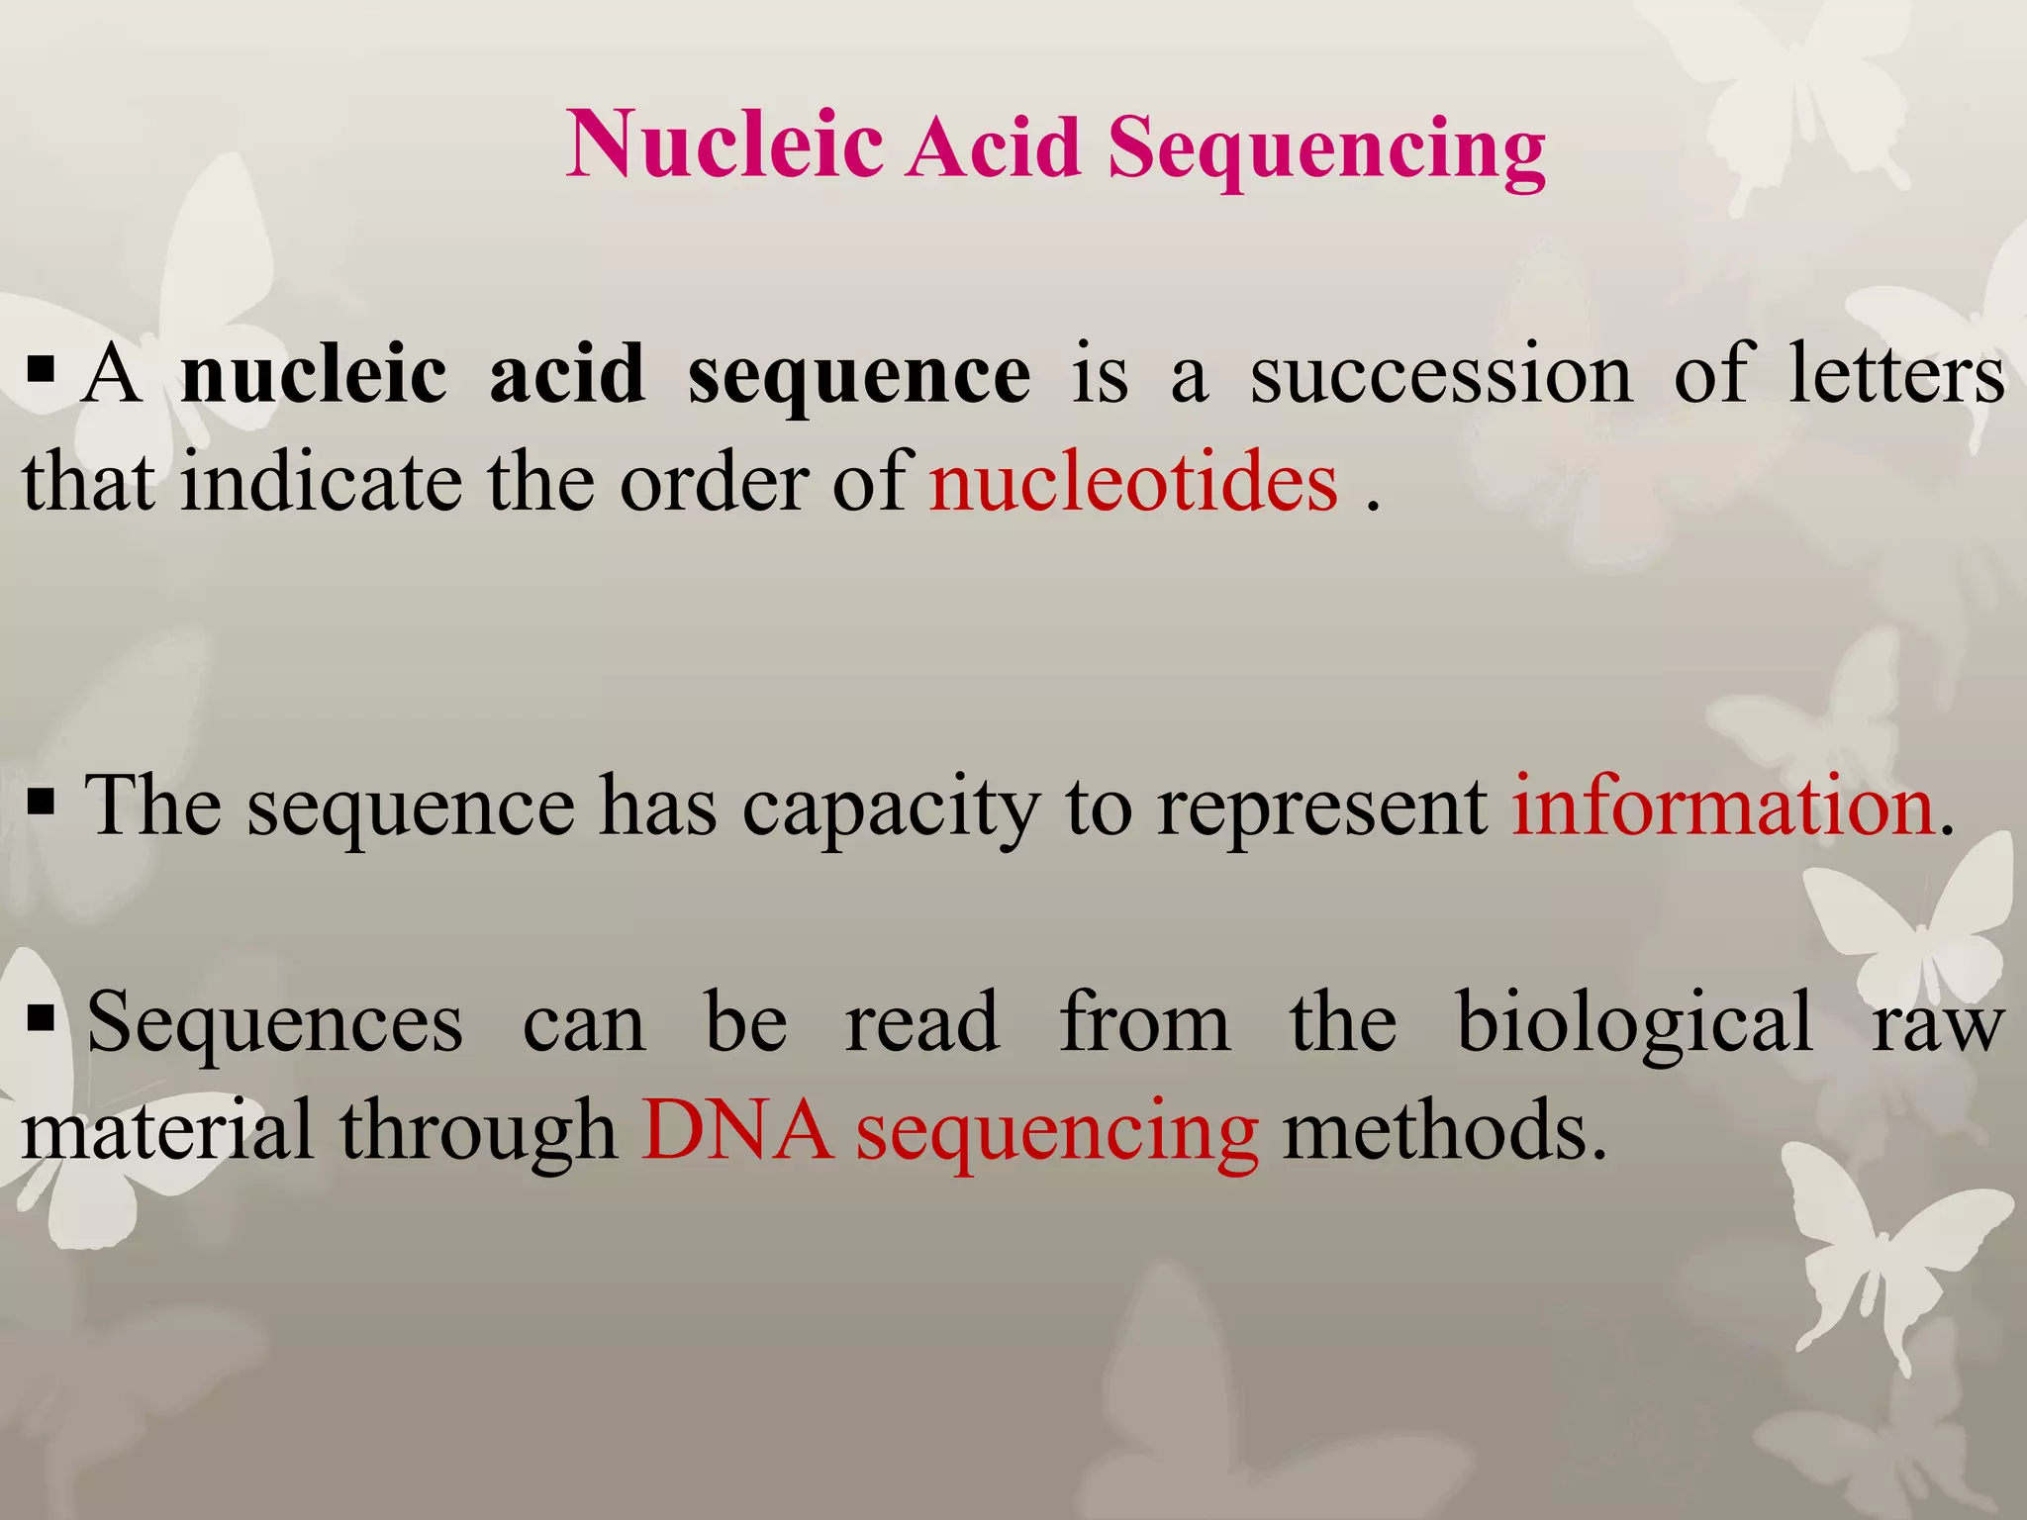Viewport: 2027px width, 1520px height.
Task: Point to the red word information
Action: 1722,806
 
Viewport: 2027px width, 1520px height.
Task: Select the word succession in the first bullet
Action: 1440,375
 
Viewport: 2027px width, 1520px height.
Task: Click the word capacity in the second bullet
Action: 892,807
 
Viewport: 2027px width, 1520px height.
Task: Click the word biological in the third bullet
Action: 1635,1021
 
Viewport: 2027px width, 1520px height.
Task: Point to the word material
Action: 167,1129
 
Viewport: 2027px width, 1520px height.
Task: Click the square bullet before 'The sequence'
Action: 42,799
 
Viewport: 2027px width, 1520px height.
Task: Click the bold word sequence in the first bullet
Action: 858,375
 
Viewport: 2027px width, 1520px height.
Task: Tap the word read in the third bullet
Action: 921,1021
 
